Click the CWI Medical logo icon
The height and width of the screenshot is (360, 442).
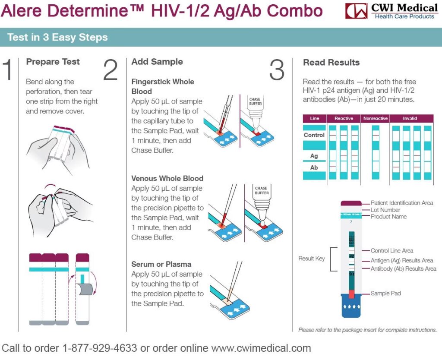coord(356,11)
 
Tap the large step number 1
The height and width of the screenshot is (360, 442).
coord(9,70)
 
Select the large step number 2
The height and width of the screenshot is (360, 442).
coord(110,70)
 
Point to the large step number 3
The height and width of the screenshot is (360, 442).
coord(277,70)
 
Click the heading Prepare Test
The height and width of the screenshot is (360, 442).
coord(53,62)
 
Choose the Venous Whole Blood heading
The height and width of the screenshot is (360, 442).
coord(167,178)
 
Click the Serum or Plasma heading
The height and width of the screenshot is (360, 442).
coord(161,264)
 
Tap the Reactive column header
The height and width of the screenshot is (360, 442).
coord(344,118)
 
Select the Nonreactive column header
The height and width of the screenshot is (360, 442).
coord(375,118)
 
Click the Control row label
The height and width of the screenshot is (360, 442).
coord(314,135)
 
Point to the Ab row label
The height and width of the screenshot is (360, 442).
coord(314,167)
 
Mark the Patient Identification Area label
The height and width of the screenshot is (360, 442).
coord(402,203)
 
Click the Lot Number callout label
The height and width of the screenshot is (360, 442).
coord(385,210)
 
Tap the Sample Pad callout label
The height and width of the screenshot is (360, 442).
coord(386,294)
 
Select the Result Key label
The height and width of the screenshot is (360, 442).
coord(312,259)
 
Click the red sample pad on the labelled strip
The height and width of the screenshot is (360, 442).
coord(351,294)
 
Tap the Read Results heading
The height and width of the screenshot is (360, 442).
coord(331,62)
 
